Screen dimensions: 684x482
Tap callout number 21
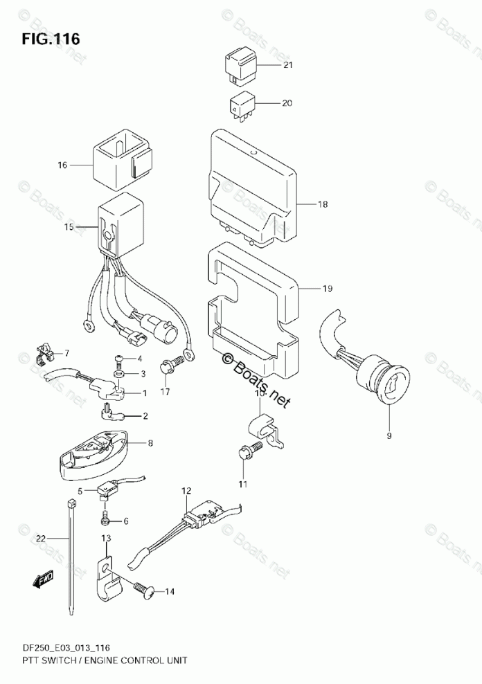(x=287, y=65)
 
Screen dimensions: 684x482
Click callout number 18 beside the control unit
(x=322, y=204)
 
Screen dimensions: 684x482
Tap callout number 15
(x=68, y=226)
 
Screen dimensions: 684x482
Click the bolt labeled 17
(x=170, y=364)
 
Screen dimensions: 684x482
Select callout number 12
(x=186, y=492)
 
